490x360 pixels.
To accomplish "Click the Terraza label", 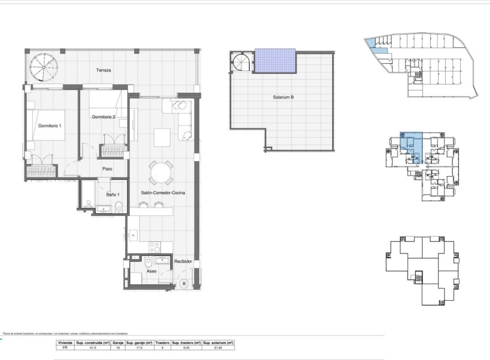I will (x=104, y=70).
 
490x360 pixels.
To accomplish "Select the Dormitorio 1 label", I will (x=50, y=126).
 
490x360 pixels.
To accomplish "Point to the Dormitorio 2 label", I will (x=104, y=117).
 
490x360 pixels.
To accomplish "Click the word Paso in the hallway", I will (x=107, y=169).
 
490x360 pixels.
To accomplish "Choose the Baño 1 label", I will (x=113, y=194).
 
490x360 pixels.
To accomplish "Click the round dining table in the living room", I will (x=161, y=172).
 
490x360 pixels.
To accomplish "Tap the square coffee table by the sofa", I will (x=162, y=137).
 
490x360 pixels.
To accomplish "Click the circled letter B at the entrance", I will (x=184, y=283).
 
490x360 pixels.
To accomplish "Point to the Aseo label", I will (x=151, y=271).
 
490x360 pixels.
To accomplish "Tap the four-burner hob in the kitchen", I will (x=154, y=247).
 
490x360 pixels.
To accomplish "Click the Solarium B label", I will (x=283, y=97).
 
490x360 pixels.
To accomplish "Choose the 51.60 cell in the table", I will (x=218, y=347).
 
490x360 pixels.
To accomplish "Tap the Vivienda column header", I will (x=64, y=342).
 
